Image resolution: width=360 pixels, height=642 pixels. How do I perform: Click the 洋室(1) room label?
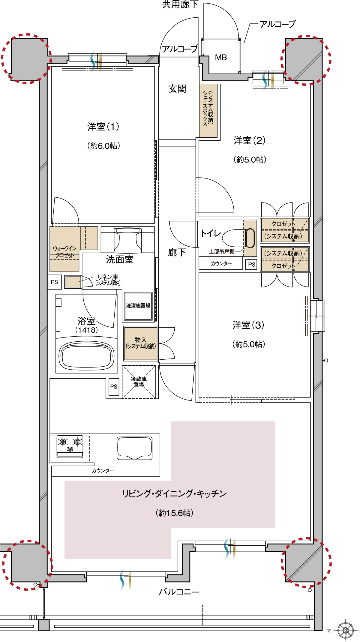[x=103, y=127]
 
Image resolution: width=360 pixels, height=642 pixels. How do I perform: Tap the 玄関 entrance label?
[x=177, y=89]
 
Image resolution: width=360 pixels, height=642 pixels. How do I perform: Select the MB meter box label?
[x=221, y=58]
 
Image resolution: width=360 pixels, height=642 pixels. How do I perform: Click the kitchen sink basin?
[x=135, y=448]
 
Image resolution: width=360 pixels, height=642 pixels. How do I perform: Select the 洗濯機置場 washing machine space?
[x=138, y=306]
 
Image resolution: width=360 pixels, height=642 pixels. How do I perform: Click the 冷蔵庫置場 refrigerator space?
[x=139, y=382]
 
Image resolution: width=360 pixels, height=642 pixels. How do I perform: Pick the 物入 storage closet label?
[x=141, y=343]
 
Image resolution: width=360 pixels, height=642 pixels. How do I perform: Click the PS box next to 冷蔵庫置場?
[x=114, y=387]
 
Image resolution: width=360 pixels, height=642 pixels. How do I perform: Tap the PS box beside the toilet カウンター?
[x=251, y=265]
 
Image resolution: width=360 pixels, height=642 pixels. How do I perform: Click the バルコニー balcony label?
[x=179, y=592]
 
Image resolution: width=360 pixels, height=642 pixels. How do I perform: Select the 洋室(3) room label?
[x=248, y=325]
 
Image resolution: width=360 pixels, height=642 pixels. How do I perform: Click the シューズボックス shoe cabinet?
[x=208, y=110]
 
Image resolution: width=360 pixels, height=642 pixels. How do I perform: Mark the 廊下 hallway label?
[x=177, y=253]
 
